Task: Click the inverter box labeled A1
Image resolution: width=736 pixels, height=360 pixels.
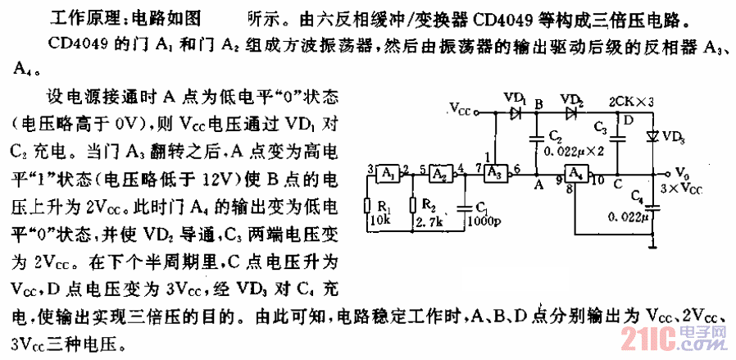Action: pyautogui.click(x=388, y=173)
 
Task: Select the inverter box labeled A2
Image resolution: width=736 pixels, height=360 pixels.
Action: pyautogui.click(x=441, y=173)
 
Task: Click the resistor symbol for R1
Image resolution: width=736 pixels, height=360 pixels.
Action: pyautogui.click(x=366, y=207)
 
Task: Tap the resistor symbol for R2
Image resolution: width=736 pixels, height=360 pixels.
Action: pyautogui.click(x=415, y=207)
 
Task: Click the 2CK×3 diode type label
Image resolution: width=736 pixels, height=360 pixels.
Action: pyautogui.click(x=631, y=102)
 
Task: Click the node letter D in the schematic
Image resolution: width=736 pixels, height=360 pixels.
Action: pyautogui.click(x=628, y=121)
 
